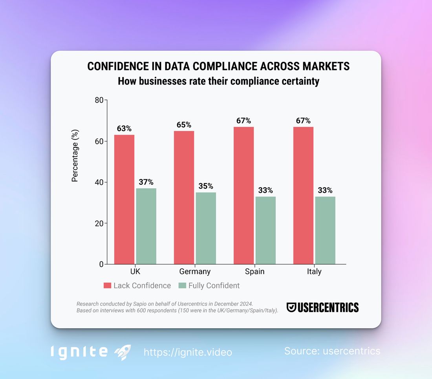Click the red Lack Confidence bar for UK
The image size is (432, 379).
coord(124,199)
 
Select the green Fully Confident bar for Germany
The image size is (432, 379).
coord(206,228)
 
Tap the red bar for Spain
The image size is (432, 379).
coord(243,195)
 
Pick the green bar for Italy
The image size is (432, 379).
coord(325,230)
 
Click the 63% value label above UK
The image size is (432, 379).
coord(124,129)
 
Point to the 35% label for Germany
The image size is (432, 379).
coord(206,186)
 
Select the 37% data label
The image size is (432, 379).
coord(146,182)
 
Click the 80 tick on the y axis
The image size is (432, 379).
coord(99,100)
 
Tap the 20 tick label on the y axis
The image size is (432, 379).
coord(99,223)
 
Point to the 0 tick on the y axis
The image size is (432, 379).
coord(101,264)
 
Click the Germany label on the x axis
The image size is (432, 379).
coord(195,272)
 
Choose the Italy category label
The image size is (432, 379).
coord(314,272)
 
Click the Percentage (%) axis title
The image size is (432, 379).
coord(75,156)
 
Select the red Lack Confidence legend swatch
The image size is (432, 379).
coord(107,285)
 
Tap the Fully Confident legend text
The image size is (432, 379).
coord(214,285)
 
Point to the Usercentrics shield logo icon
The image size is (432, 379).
coord(291,307)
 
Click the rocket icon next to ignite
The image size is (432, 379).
coord(123,352)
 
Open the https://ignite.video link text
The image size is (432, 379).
coord(188,352)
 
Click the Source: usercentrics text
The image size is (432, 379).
coord(332,351)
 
